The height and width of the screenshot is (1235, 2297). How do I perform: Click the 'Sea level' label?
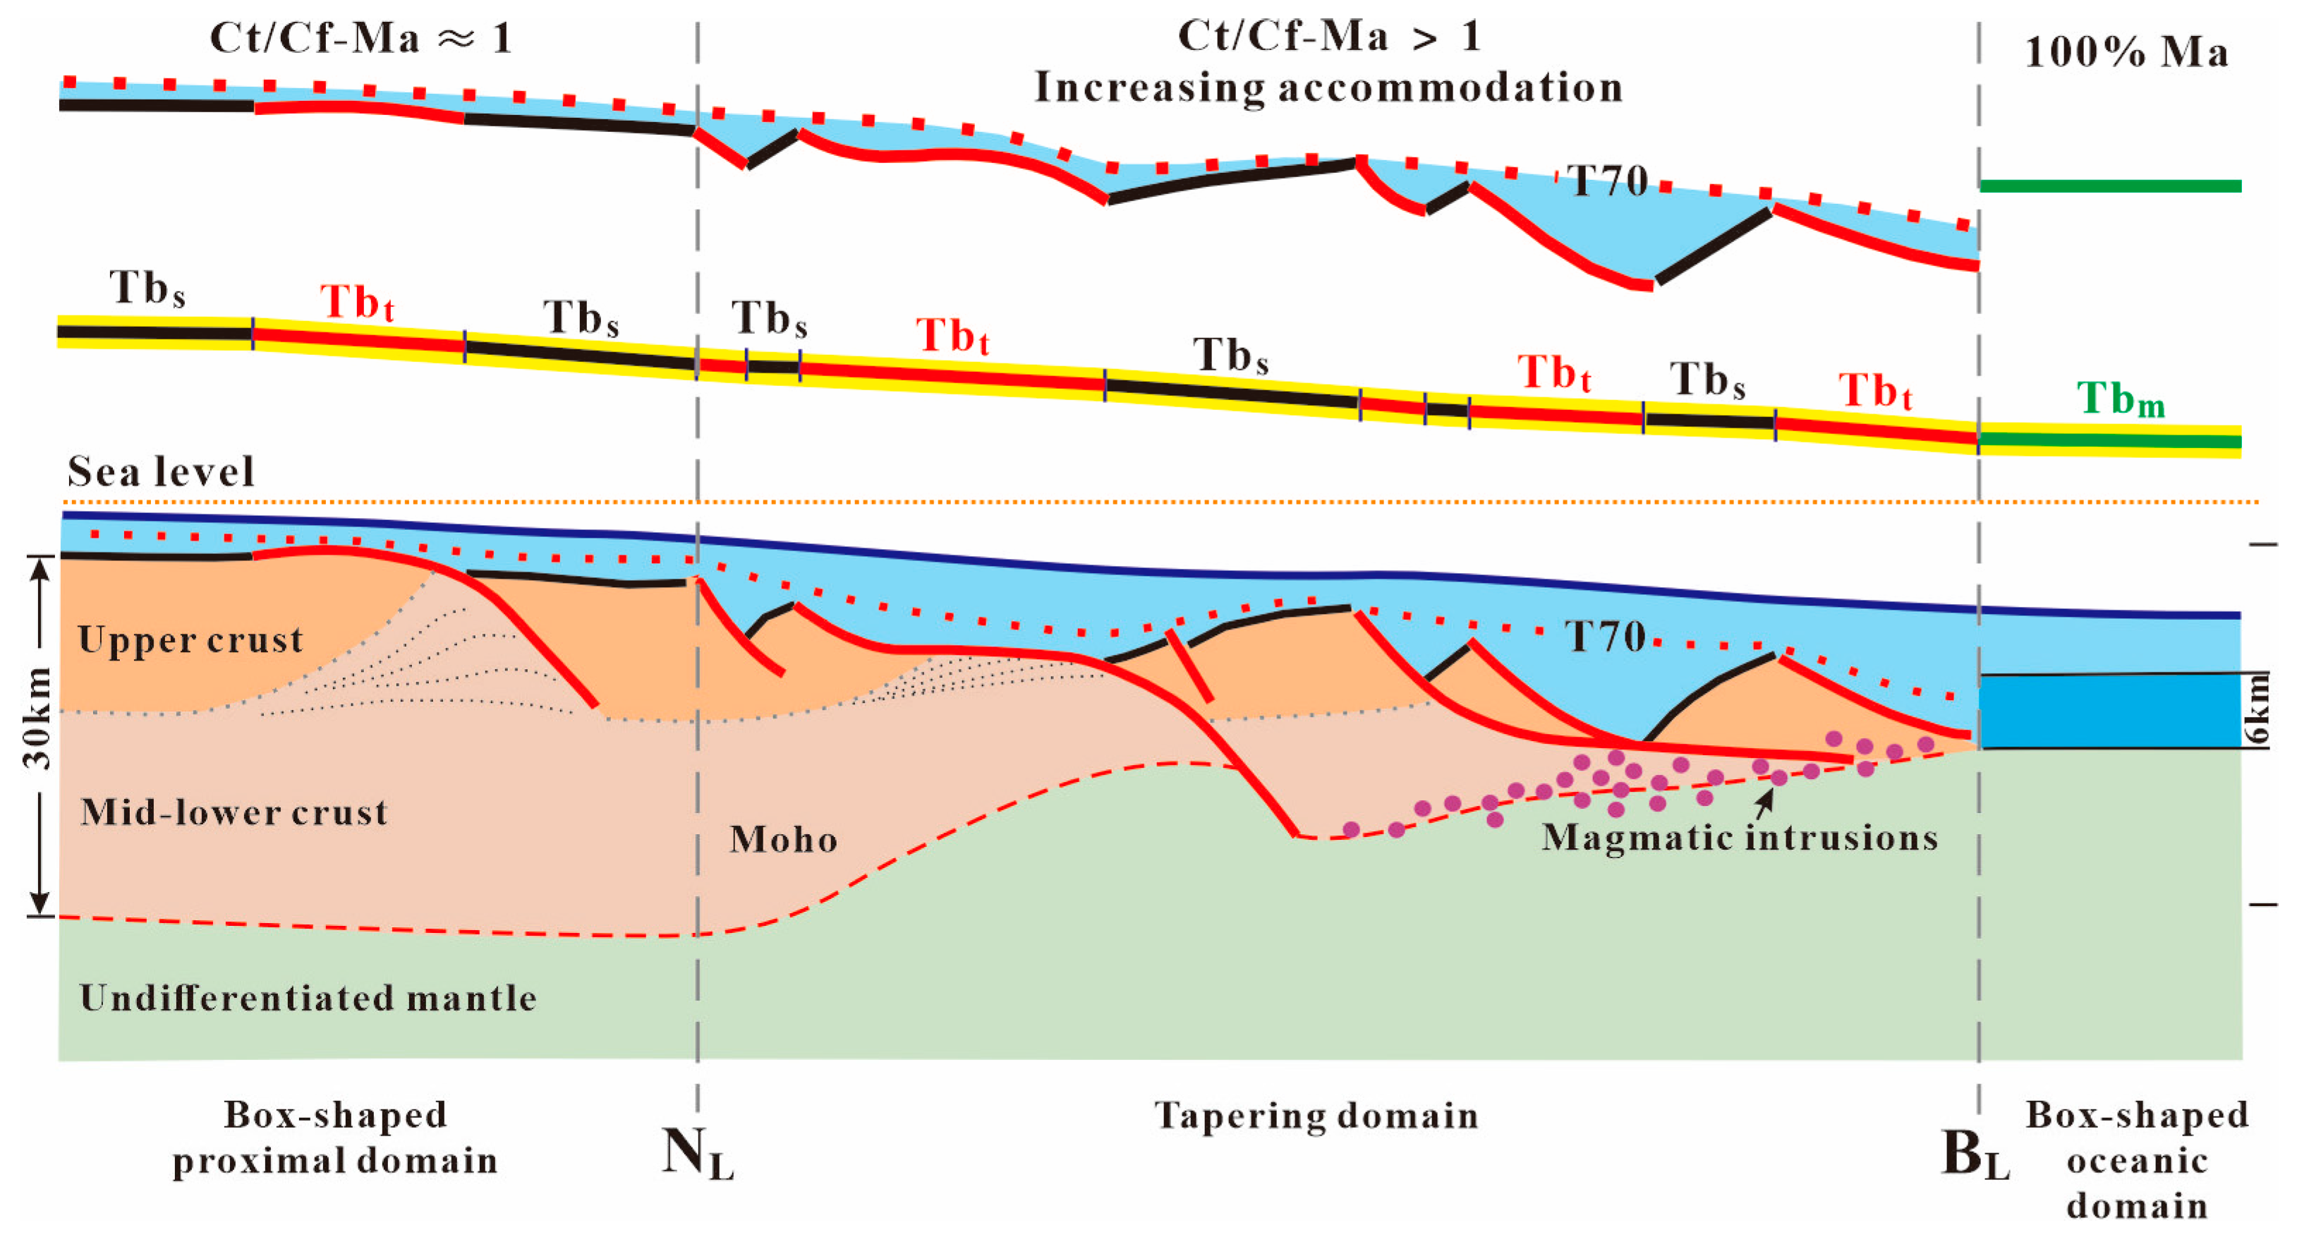point(162,471)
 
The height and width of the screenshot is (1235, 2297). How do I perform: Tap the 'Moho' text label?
point(783,839)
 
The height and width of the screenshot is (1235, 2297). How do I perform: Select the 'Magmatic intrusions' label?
point(1740,837)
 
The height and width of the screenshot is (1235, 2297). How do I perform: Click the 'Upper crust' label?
point(190,639)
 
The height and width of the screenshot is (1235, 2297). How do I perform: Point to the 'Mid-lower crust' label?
point(234,812)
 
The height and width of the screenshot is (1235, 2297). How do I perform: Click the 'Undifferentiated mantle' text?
point(308,997)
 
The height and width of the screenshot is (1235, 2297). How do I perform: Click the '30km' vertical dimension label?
point(37,718)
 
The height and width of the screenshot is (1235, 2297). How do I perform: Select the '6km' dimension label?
point(2257,710)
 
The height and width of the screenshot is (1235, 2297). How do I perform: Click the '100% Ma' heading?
point(2126,52)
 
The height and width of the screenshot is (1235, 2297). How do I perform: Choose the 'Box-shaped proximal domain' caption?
point(334,1138)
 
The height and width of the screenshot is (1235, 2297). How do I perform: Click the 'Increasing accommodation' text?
point(1328,88)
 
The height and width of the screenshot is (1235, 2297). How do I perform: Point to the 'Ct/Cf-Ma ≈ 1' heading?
point(361,38)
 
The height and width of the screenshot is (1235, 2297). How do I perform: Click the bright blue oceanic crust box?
point(2109,711)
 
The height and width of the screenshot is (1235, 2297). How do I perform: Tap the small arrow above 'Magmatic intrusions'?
point(1764,802)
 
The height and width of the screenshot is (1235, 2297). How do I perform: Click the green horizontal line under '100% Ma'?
point(2110,186)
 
